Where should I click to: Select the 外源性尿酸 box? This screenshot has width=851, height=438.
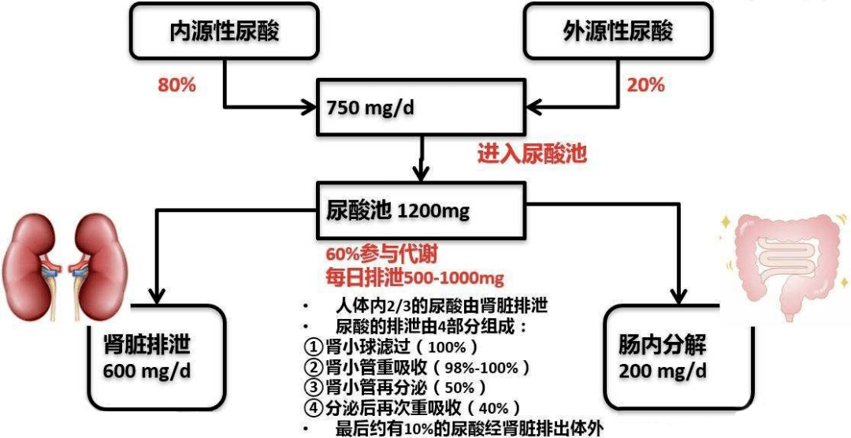pos(619,31)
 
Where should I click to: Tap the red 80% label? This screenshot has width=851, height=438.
pos(177,85)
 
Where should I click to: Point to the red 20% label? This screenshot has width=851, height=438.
pos(645,85)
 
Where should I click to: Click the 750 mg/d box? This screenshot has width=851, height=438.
pos(421,106)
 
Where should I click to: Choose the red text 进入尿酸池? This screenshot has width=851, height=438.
pos(532,153)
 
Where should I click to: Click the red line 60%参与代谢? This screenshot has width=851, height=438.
pos(381,256)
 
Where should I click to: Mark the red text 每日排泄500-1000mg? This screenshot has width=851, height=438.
pos(414,278)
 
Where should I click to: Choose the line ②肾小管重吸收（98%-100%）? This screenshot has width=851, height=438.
pos(417,367)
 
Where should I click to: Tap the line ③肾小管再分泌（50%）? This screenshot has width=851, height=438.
pos(395,388)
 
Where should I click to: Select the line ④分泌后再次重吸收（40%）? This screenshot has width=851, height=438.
pos(412,408)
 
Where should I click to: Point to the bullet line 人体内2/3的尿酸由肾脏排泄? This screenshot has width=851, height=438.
pos(441,306)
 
